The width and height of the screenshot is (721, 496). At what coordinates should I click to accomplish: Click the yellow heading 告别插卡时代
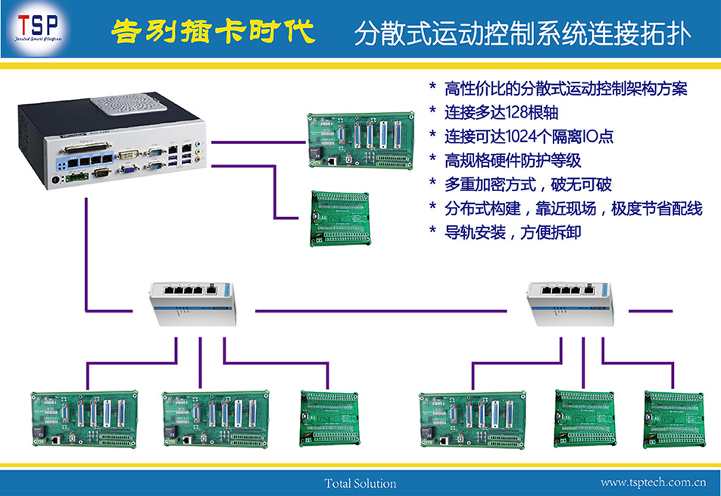click(211, 32)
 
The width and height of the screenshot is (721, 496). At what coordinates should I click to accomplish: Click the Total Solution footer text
click(360, 483)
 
